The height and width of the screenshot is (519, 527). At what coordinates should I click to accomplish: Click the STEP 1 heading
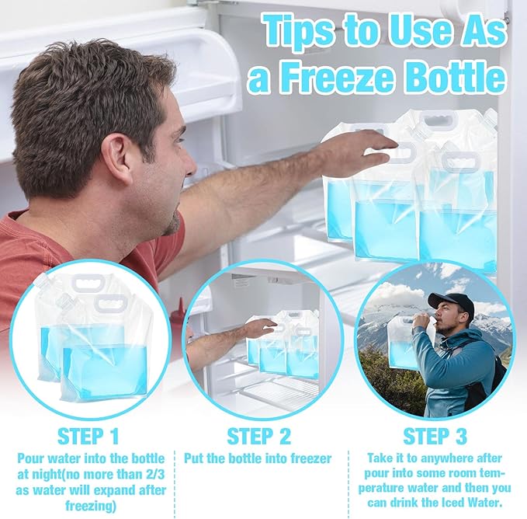pos(88,437)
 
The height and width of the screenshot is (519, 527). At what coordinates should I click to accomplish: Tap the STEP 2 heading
pos(258,437)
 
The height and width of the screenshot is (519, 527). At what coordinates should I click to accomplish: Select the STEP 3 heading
pos(435,437)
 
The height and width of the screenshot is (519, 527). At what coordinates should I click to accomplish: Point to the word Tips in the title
pos(298,31)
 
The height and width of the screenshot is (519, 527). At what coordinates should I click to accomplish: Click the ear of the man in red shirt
pos(120,158)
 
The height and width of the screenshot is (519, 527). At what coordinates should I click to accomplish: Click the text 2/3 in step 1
pos(155,475)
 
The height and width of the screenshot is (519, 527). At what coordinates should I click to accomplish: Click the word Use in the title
pos(416,31)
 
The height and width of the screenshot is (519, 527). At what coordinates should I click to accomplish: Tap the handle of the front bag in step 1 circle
pos(111,303)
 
